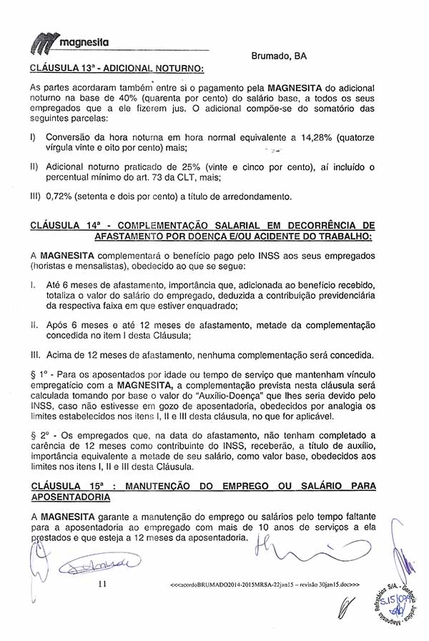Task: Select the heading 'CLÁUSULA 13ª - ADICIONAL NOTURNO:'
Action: tap(118, 69)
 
